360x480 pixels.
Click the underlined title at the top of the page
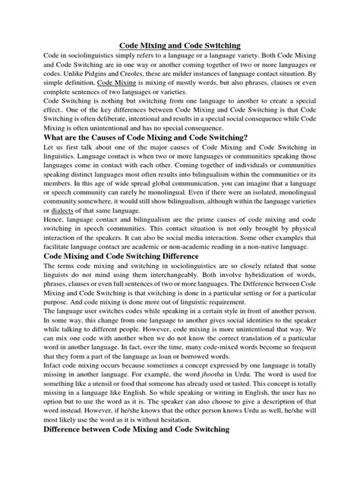click(180, 46)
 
